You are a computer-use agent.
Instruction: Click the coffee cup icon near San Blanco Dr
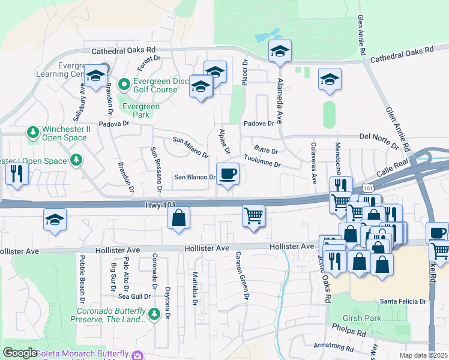pos(228,175)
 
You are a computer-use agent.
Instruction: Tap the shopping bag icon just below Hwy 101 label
pos(179,219)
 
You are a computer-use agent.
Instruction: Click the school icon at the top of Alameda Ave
pos(280,52)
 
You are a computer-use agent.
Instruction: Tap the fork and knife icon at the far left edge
pos(16,175)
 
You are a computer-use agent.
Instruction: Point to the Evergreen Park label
pos(141,110)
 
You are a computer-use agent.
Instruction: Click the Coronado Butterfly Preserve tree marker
pos(154,313)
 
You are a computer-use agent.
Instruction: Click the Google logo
pos(20,353)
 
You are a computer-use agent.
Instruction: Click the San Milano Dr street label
pos(190,148)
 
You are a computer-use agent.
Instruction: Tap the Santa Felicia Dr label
pos(403,301)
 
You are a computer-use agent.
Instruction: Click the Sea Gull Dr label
pos(134,296)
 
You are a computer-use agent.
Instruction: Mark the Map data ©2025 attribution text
pos(423,355)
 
